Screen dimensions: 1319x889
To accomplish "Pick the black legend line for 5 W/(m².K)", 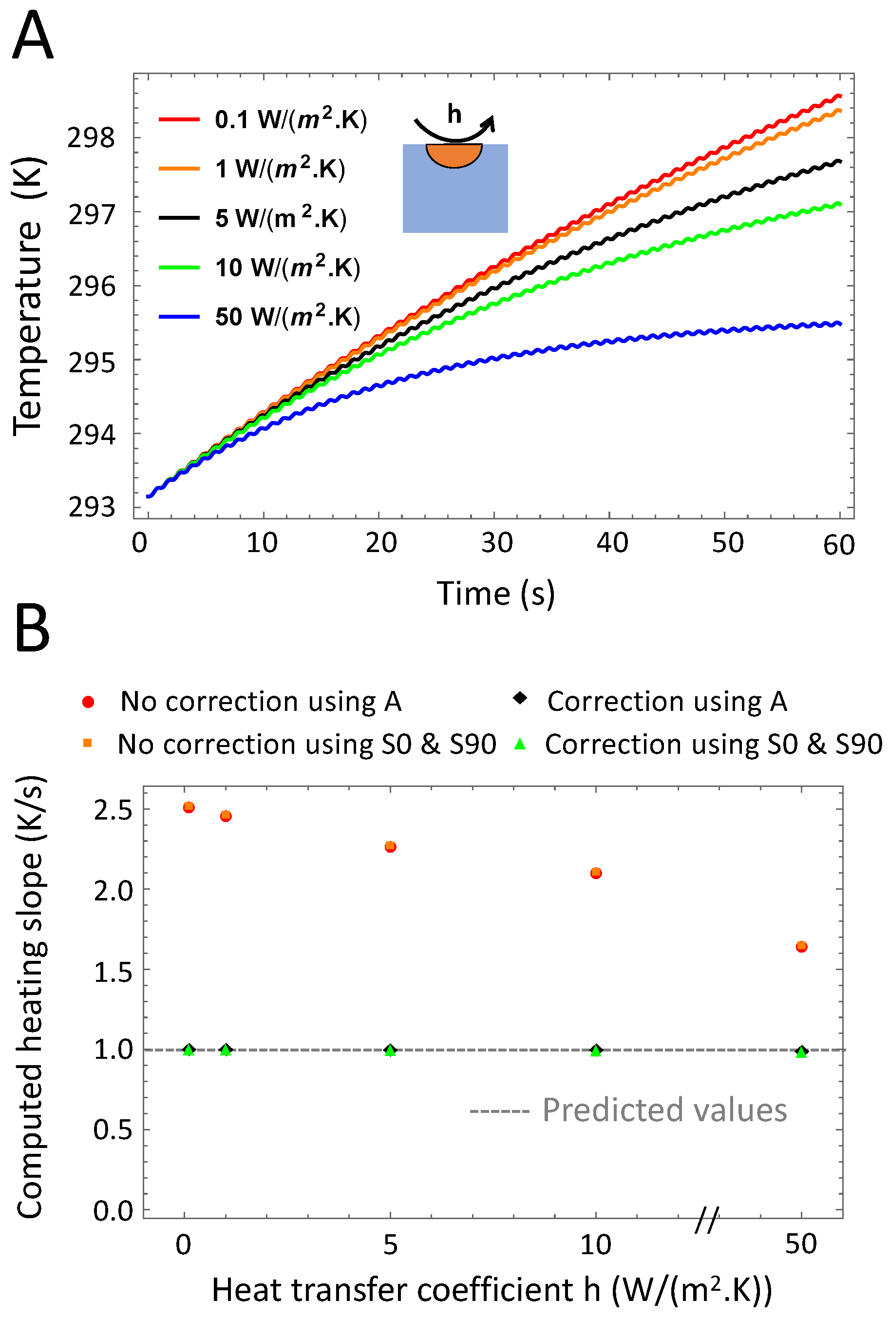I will coord(179,218).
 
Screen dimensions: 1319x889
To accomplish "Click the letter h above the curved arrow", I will coord(454,114).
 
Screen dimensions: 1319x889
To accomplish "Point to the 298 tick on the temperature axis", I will coord(91,138).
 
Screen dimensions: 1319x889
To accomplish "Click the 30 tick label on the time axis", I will coord(497,543).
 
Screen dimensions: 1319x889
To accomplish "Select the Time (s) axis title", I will coord(495,593).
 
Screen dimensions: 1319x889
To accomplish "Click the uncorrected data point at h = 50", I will coord(801,946).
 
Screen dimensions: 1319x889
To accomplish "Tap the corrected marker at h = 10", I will coord(595,1050).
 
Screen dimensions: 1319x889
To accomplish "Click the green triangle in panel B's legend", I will coord(519,745).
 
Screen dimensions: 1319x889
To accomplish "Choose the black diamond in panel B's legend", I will coord(519,699).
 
